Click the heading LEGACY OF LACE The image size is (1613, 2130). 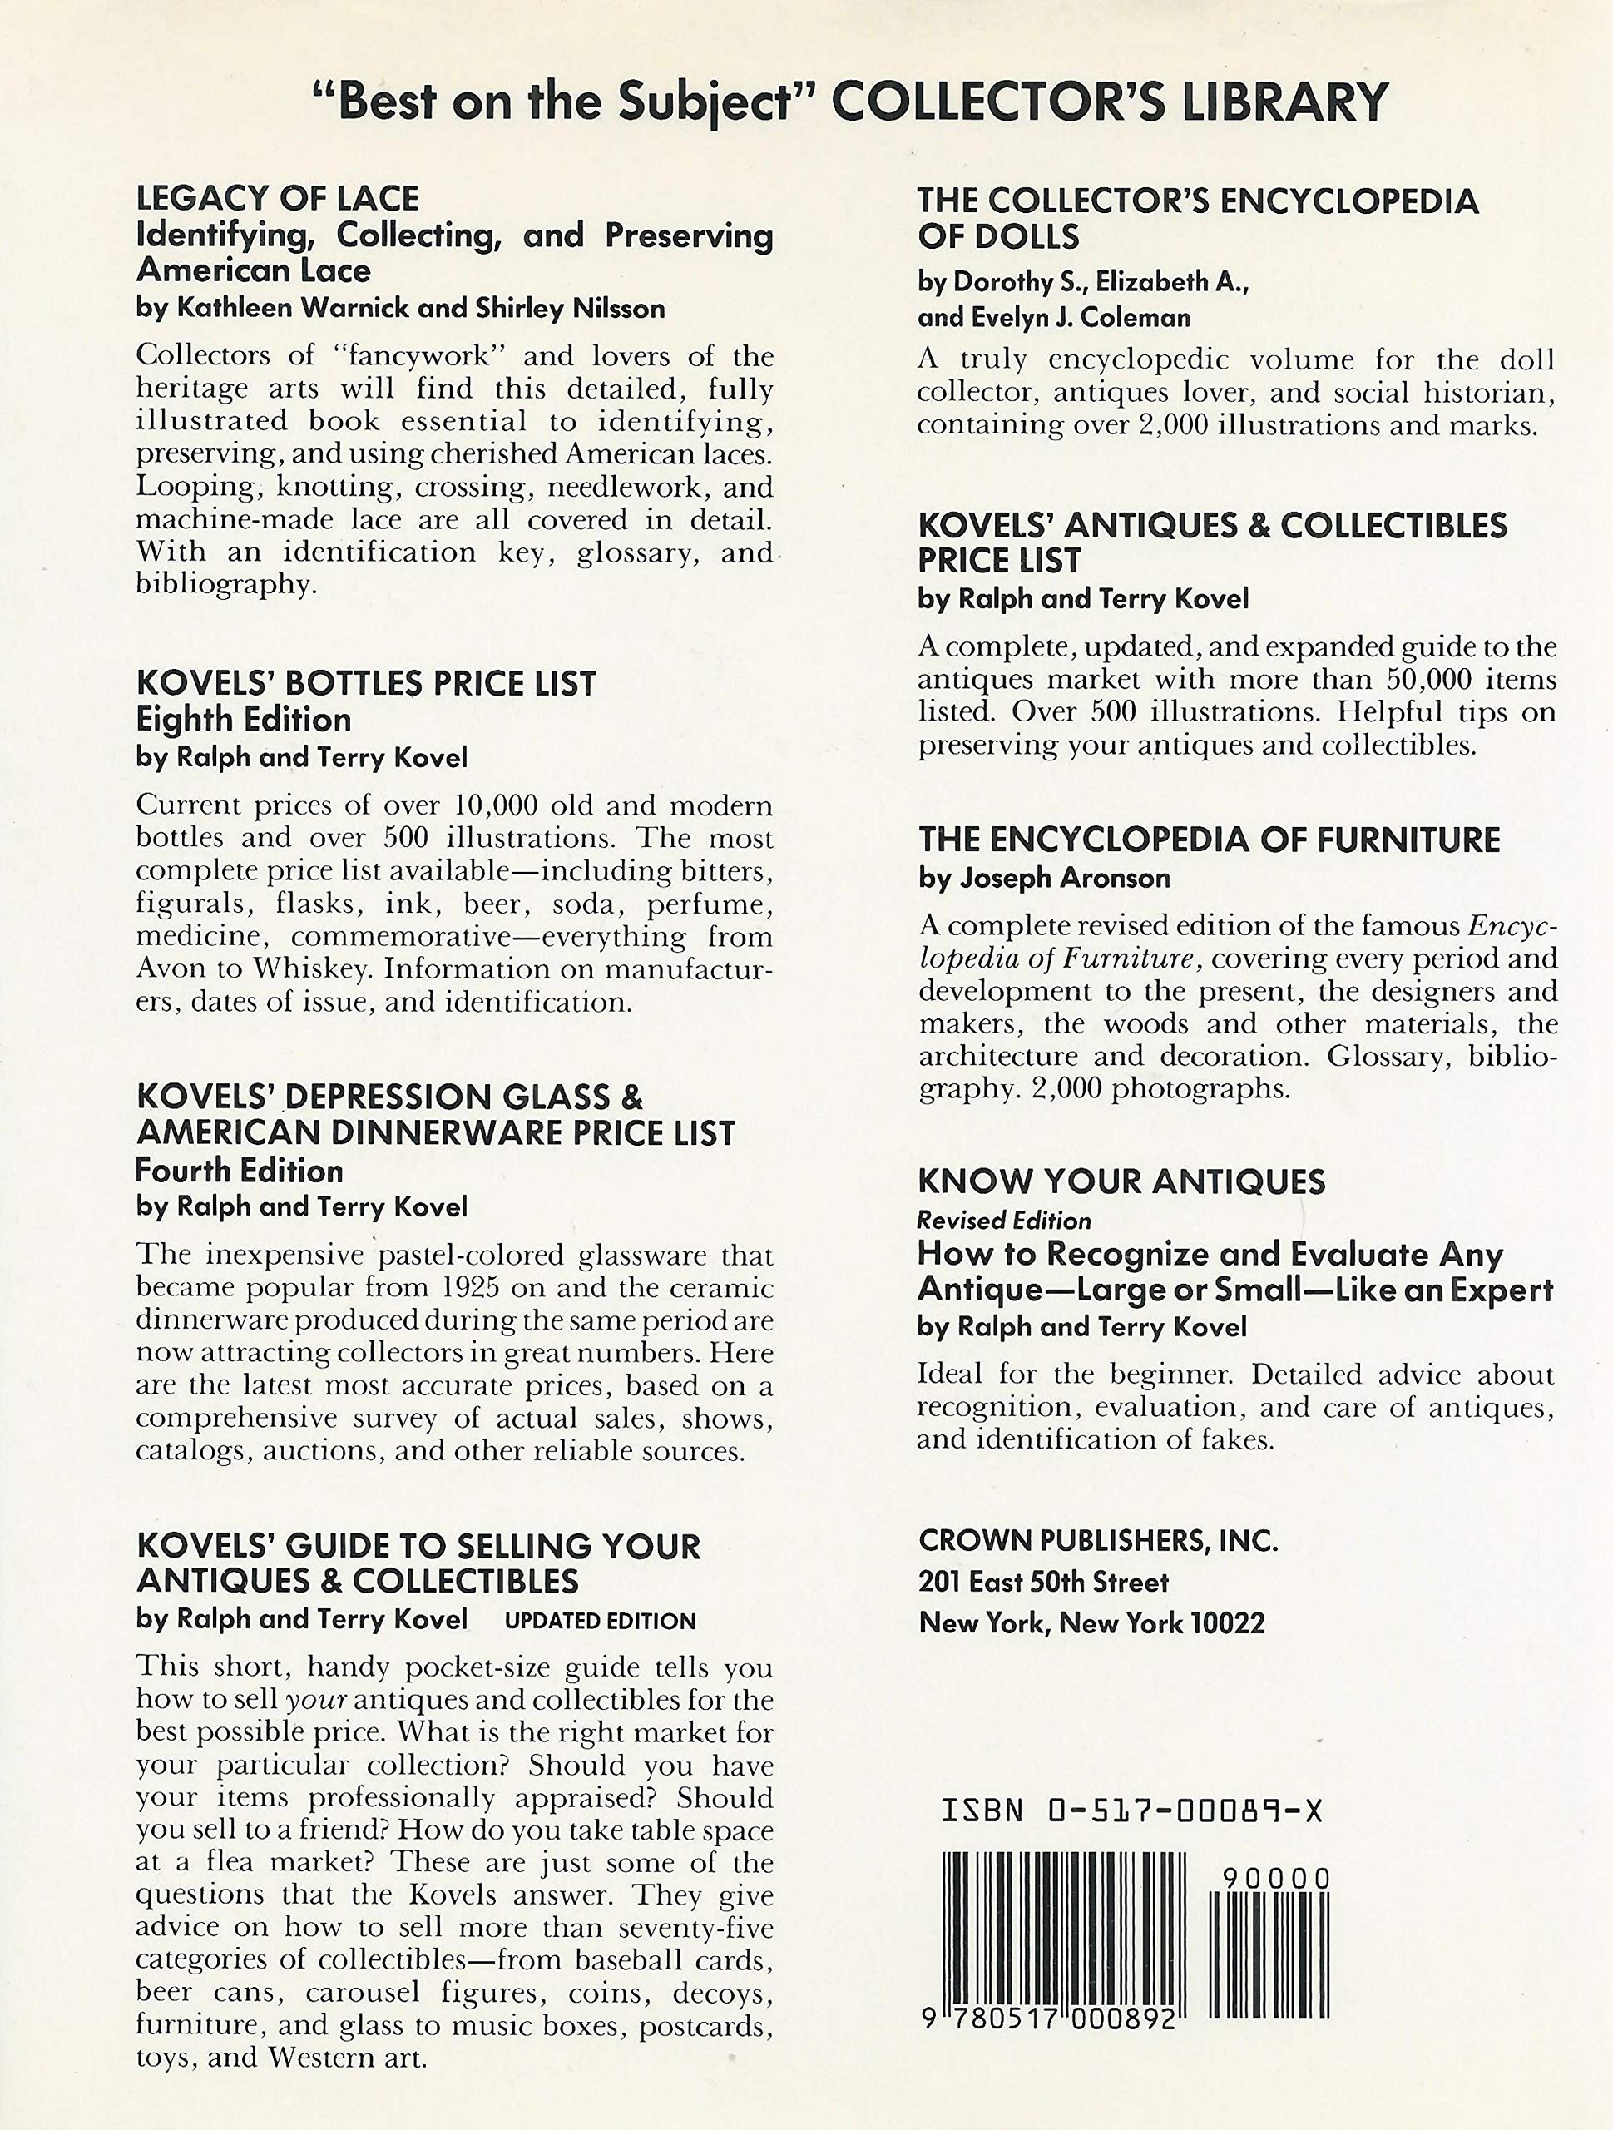(277, 198)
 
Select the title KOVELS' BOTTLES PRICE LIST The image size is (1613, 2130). (366, 684)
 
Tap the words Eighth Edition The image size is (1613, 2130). (244, 721)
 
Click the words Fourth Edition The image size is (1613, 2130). (239, 1171)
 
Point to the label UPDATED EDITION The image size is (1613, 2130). (600, 1621)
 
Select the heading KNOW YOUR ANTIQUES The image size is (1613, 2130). (1121, 1181)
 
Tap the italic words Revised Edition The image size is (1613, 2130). (1004, 1221)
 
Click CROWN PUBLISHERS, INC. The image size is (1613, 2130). (1098, 1541)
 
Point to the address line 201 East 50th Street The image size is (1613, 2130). (1043, 1582)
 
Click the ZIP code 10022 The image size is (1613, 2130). (1227, 1623)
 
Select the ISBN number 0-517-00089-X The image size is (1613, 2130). (1185, 1811)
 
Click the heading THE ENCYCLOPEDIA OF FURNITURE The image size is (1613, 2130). (1209, 840)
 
